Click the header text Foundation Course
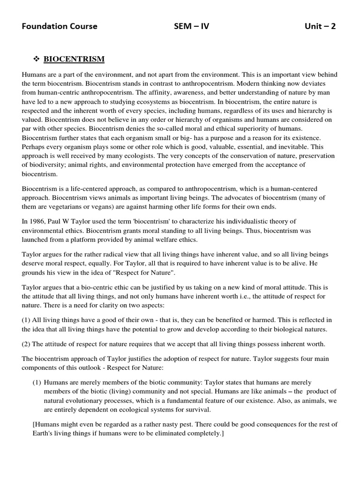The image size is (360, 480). (60, 26)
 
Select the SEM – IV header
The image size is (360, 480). (191, 26)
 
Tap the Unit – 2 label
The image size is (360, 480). (320, 26)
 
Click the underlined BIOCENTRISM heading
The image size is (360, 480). (74, 60)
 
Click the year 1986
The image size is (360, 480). (38, 221)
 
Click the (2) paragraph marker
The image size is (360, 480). (27, 344)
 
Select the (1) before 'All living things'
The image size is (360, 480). (27, 320)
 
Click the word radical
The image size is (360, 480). (105, 255)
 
